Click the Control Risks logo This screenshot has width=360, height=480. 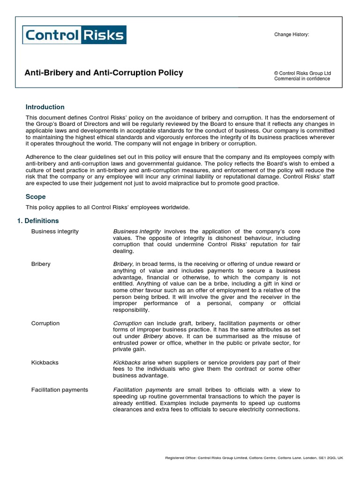75,35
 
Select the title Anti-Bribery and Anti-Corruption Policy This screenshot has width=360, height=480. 104,73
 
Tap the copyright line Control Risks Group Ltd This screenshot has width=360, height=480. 302,73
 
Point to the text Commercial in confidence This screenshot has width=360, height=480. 302,79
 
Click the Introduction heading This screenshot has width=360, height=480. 45,107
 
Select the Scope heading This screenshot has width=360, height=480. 36,197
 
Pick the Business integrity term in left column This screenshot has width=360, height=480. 55,232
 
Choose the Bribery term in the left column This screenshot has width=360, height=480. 41,264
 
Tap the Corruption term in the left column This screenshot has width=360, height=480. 45,323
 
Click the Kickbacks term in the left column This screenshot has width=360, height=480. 45,362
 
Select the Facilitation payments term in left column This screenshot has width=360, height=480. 60,390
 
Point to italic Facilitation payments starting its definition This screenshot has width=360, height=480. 142,390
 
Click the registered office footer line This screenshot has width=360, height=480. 255,458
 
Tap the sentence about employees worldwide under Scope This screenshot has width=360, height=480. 108,208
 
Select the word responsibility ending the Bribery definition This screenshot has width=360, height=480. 131,310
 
